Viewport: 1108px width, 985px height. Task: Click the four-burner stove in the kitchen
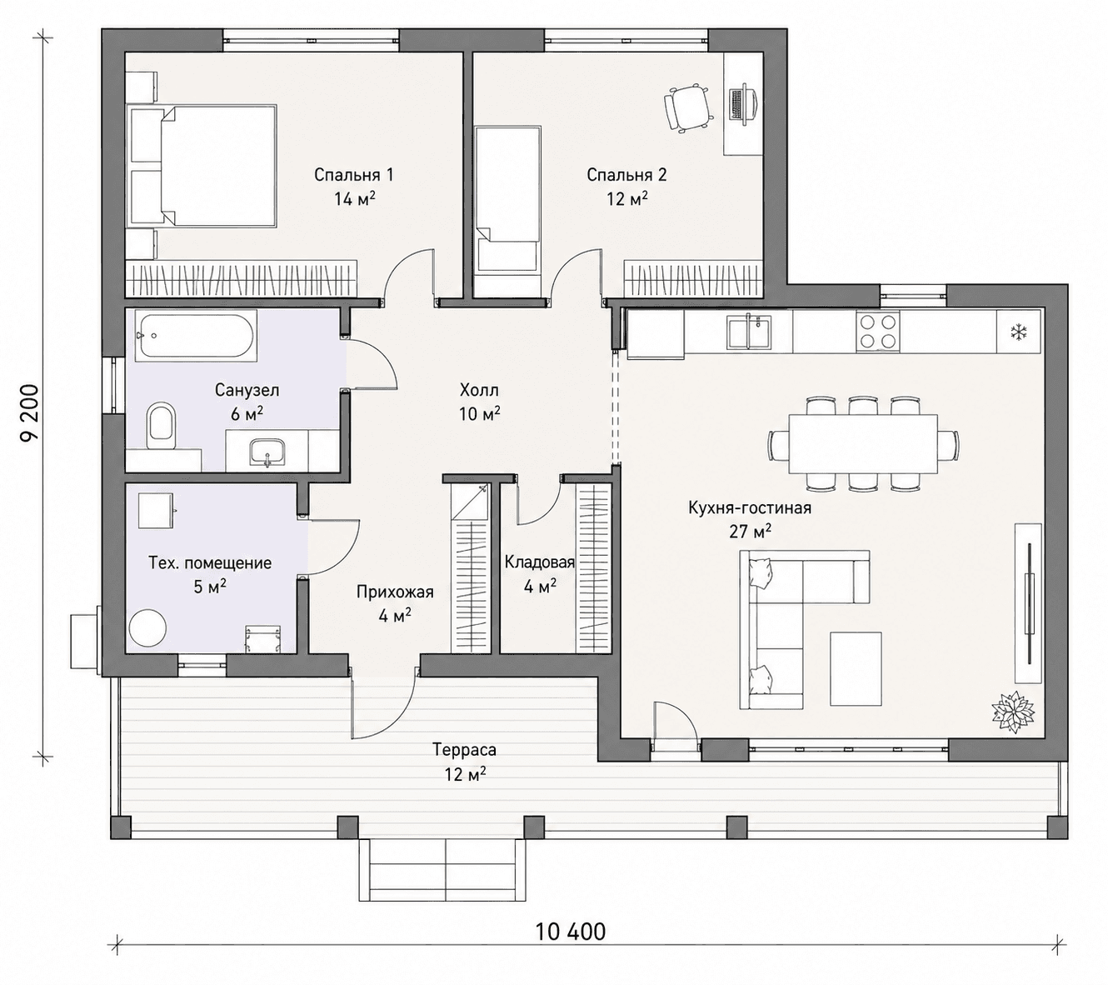point(877,330)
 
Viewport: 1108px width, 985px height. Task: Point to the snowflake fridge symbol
point(1018,331)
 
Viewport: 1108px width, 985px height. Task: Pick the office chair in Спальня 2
point(687,107)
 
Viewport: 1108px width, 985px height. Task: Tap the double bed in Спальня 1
point(202,166)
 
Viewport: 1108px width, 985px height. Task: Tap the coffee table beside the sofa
point(856,668)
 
